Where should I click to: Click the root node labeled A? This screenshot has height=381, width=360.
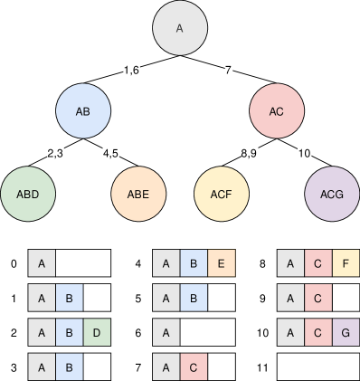pos(179,28)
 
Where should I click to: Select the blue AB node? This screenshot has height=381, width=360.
pos(83,111)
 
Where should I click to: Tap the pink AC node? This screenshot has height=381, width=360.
pos(277,111)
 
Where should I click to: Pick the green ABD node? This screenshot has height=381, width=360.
pos(27,194)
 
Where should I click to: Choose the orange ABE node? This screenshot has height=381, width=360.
pos(138,194)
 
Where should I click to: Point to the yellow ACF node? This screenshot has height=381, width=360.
pos(222,194)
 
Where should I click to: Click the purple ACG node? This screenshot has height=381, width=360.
pos(332,194)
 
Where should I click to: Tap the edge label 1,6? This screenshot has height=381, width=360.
pos(132,70)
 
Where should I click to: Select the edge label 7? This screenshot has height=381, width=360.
pos(229,70)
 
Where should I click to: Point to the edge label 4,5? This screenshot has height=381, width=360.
pos(112,153)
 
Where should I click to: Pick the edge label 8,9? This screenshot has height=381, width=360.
pos(250,153)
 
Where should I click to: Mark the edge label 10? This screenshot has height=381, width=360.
pos(305,153)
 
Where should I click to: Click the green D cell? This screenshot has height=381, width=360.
pos(97,332)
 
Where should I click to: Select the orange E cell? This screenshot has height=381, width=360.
pos(222,263)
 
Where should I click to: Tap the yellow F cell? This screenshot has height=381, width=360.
pos(346,263)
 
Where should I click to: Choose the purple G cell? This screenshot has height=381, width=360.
pos(346,332)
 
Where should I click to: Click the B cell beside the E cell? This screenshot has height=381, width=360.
pos(194,263)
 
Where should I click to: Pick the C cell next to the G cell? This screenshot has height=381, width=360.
pos(318,332)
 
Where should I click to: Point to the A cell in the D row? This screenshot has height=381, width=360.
pos(42,332)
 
